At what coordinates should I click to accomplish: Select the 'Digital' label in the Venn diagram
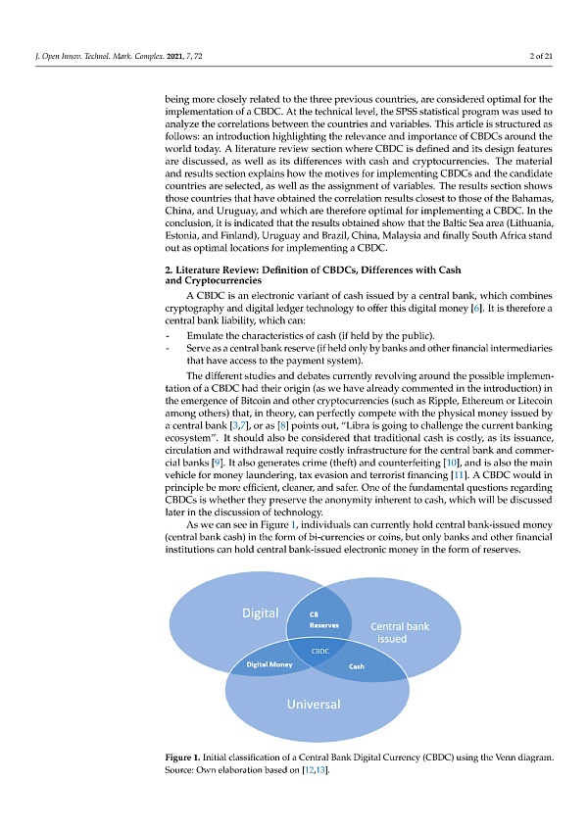(260, 613)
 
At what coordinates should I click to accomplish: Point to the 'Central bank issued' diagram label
(399, 633)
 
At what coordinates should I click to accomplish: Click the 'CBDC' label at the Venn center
(319, 651)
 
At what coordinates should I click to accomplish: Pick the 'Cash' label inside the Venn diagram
(357, 666)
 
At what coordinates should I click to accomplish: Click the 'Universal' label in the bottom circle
(313, 705)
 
